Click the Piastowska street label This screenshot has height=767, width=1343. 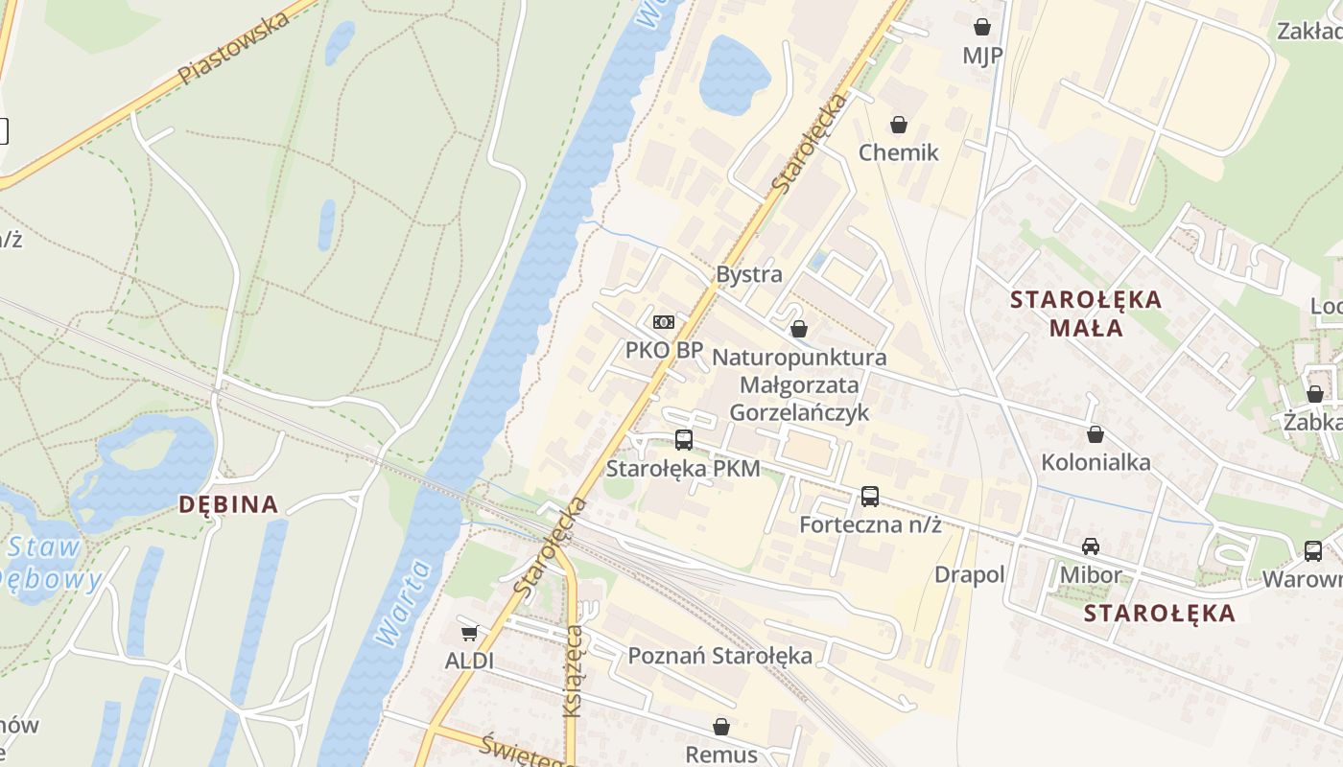[234, 49]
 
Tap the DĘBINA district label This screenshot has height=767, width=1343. [229, 504]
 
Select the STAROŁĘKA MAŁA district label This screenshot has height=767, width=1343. [1086, 314]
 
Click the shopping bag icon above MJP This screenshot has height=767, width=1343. [981, 27]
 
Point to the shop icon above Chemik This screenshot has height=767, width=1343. [899, 125]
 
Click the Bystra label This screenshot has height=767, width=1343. [749, 274]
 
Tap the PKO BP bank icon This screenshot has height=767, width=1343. [664, 322]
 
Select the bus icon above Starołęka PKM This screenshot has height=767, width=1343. [683, 440]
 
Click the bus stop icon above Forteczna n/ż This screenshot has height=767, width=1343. [869, 497]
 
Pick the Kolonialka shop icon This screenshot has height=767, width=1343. [1096, 434]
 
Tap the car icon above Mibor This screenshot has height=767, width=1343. [1091, 546]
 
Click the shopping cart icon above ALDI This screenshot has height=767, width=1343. [469, 633]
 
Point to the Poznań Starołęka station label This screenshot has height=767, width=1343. [719, 656]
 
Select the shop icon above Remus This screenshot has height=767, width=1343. [721, 727]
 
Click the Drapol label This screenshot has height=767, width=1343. [970, 574]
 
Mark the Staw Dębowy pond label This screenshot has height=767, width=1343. [48, 564]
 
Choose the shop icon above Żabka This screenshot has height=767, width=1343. [1314, 394]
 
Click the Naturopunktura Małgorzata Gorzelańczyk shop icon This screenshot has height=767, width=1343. [798, 329]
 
